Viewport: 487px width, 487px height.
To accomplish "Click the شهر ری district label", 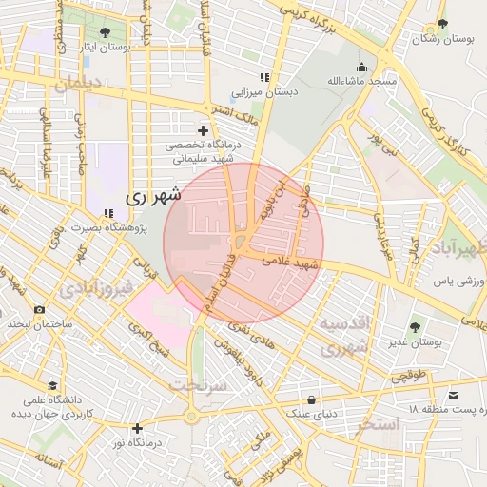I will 151,198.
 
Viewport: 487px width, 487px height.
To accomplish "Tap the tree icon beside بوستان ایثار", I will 104,32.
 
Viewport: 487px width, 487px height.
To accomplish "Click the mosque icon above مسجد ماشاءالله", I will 361,68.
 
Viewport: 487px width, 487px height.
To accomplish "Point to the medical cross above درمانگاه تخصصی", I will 202,130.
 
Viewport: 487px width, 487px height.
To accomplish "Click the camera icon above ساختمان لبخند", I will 39,310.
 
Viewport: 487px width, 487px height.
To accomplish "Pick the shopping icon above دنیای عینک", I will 311,399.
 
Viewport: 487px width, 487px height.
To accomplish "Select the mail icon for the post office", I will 453,395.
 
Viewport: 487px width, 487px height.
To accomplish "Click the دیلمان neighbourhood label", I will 76,85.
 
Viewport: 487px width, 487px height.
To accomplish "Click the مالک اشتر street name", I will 237,117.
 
